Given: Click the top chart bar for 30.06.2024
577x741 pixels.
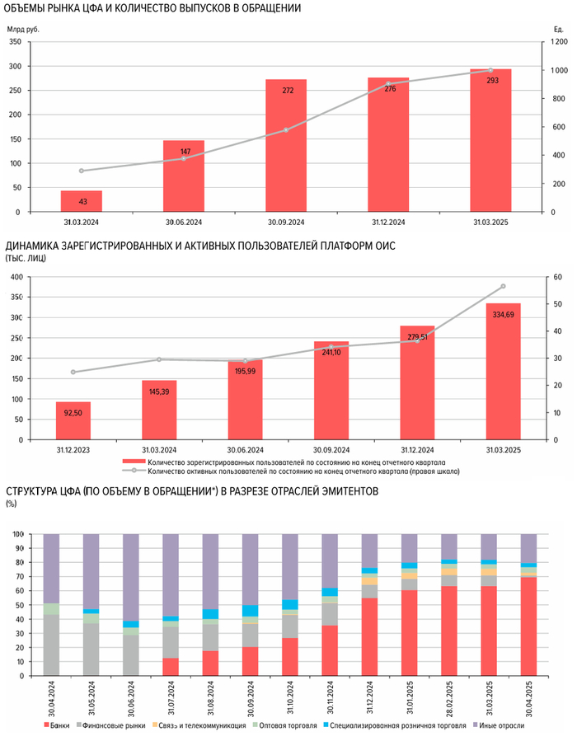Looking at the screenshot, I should pyautogui.click(x=184, y=176).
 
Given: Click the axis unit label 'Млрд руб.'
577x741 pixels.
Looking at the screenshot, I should pyautogui.click(x=24, y=29).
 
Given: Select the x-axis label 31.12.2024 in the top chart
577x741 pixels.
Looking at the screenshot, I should pyautogui.click(x=389, y=223).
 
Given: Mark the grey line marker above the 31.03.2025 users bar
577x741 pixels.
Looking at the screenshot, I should pyautogui.click(x=503, y=287).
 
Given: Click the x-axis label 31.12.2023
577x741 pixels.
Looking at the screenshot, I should pyautogui.click(x=73, y=450).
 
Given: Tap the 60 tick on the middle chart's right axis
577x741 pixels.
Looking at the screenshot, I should pyautogui.click(x=556, y=277).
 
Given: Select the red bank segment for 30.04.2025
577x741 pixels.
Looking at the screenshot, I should pyautogui.click(x=528, y=626).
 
